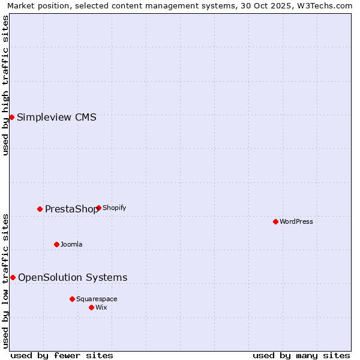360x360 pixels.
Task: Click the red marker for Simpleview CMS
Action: point(11,117)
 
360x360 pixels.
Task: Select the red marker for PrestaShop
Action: point(40,209)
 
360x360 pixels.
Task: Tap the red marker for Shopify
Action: point(98,208)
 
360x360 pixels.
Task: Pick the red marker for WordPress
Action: point(275,221)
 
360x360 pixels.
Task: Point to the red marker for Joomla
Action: point(57,244)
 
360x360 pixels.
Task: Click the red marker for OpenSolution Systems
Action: point(13,277)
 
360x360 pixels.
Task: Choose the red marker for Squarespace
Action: point(72,299)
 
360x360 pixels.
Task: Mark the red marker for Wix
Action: point(91,307)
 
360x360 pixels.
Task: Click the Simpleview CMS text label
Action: point(56,117)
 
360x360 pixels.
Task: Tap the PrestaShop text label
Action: point(71,209)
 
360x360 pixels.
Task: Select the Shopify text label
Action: point(114,208)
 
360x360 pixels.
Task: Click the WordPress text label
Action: point(296,221)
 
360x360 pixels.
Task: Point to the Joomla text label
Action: point(71,244)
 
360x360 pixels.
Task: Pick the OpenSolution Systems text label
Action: point(73,277)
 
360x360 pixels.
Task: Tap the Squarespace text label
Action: point(97,299)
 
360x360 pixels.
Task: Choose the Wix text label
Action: point(101,307)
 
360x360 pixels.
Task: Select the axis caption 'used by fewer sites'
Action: point(62,355)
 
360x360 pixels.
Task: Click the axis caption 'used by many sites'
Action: point(301,355)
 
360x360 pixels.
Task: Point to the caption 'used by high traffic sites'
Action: point(6,85)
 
